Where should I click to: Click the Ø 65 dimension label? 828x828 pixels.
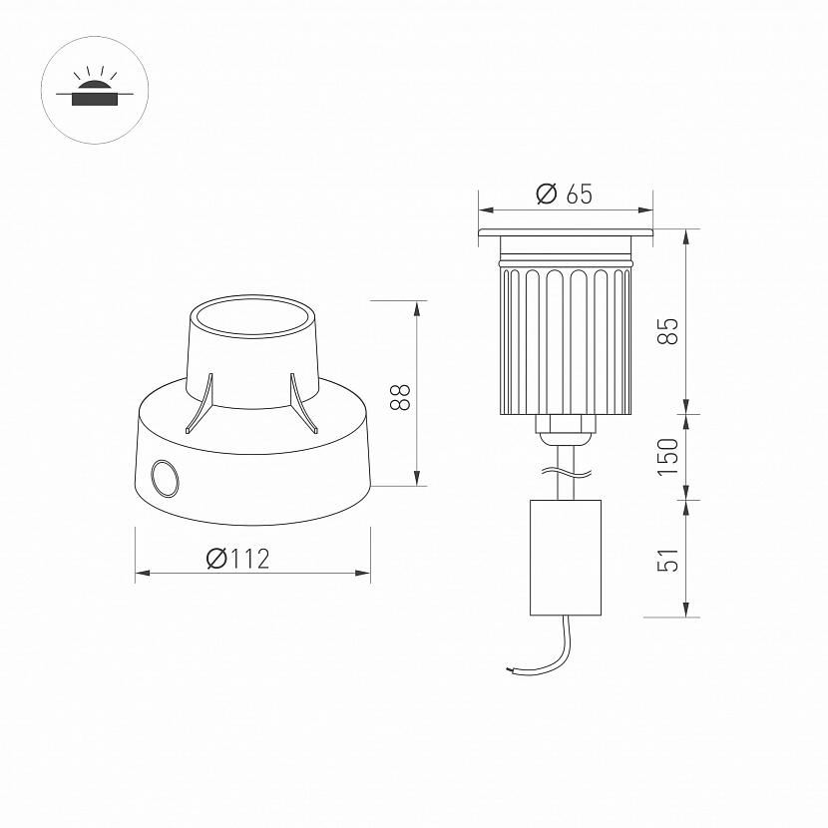point(564,194)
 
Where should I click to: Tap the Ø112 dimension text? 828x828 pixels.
point(237,559)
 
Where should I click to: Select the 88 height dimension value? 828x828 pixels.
point(400,397)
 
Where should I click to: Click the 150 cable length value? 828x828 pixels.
point(667,457)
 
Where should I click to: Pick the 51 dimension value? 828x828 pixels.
point(667,560)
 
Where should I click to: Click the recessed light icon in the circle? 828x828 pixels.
point(95,87)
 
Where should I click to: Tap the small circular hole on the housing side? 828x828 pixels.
point(165,478)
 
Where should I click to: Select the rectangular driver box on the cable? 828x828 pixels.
point(566,558)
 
